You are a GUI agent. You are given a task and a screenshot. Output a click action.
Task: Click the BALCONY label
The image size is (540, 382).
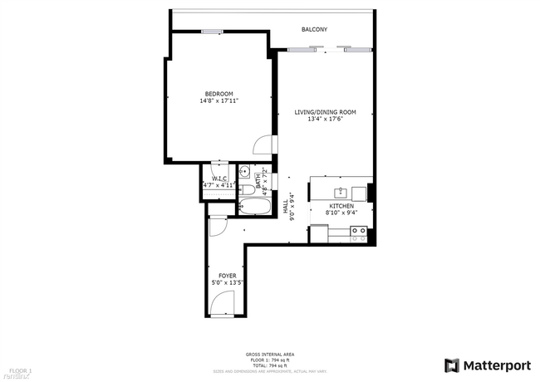point(315,30)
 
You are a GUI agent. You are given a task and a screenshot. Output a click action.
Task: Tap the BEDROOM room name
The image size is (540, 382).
point(219,93)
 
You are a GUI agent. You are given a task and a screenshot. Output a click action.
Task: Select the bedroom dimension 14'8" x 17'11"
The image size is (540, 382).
point(219,100)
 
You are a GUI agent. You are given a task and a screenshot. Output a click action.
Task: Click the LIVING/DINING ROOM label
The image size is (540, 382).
point(325,112)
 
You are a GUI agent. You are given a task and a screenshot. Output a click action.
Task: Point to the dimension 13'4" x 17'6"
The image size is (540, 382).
point(325,119)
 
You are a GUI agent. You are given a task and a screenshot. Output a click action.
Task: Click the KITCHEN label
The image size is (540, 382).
point(341,205)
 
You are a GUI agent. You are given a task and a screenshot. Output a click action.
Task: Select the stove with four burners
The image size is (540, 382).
point(359,233)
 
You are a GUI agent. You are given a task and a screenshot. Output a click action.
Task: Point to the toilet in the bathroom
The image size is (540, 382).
point(246,189)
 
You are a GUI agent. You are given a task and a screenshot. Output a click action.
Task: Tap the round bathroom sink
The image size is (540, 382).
point(244,173)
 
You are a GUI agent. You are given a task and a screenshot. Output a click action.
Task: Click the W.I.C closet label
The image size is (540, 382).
point(219,179)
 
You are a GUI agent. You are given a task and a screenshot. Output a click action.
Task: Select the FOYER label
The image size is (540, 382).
point(227,276)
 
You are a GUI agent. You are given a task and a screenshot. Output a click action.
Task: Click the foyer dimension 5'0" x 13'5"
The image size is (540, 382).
point(227,282)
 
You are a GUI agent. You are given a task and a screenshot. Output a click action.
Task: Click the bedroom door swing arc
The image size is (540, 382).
point(262,146)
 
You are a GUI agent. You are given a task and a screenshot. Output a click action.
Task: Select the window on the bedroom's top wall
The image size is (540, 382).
point(213,32)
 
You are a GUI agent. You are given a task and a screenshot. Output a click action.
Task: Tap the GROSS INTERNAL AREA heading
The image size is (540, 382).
point(270,355)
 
